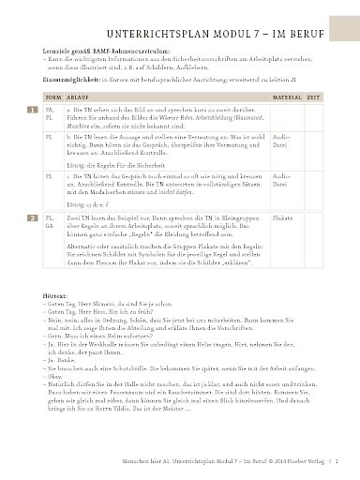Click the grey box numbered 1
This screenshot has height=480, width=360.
coord(33,135)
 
